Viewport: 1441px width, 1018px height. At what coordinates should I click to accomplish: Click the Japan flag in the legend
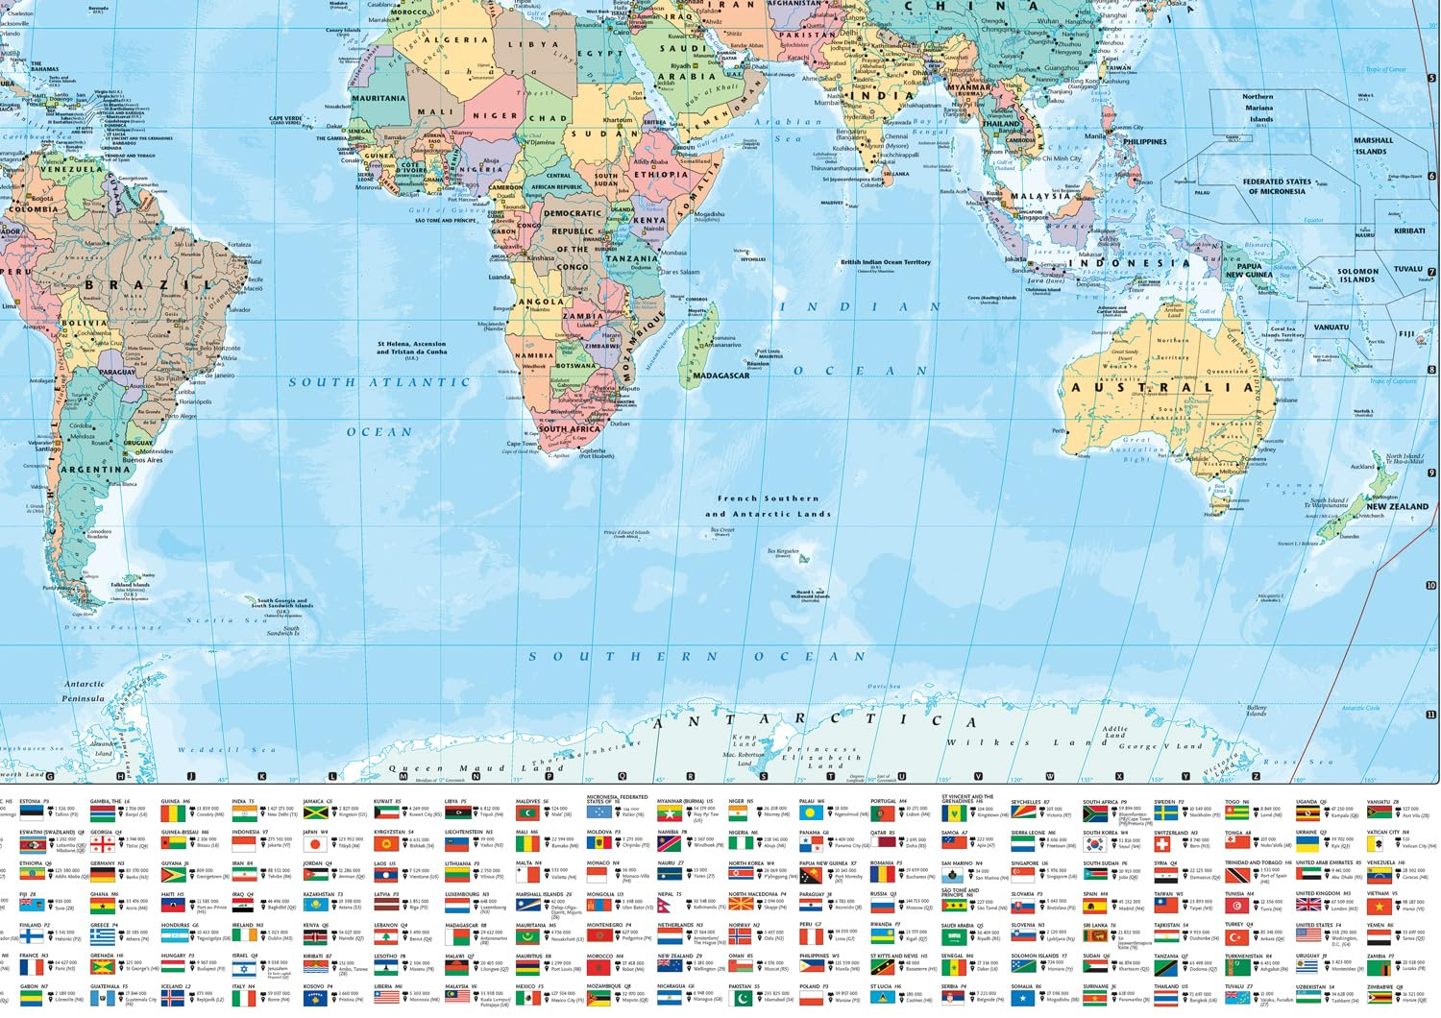pos(314,845)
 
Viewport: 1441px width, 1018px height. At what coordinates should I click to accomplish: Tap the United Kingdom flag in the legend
pos(1308,905)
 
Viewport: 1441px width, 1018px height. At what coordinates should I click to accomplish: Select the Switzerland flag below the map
pos(1164,845)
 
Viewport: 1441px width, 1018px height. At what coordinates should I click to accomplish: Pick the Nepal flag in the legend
pos(670,905)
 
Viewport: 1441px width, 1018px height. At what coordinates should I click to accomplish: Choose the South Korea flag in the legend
pos(1094,845)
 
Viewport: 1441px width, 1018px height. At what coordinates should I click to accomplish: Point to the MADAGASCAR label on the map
pos(720,376)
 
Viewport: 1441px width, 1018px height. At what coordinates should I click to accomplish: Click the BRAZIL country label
pos(149,285)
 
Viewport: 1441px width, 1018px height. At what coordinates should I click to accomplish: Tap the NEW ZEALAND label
pos(1397,506)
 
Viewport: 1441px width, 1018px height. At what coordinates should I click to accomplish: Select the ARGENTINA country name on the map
pos(95,470)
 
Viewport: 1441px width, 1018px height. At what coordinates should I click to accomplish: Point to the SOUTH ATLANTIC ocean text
pos(379,382)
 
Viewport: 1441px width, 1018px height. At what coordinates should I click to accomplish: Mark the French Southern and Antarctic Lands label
pos(768,506)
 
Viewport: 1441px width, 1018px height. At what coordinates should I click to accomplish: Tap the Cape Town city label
pos(522,444)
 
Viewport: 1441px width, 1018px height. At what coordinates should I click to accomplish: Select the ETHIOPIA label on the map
pos(661,175)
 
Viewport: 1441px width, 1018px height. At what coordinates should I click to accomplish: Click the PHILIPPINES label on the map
pos(1144,142)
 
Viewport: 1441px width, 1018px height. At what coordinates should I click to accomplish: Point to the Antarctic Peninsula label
pos(84,691)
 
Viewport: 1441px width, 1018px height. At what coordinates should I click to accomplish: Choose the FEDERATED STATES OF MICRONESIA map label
pos(1276,186)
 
